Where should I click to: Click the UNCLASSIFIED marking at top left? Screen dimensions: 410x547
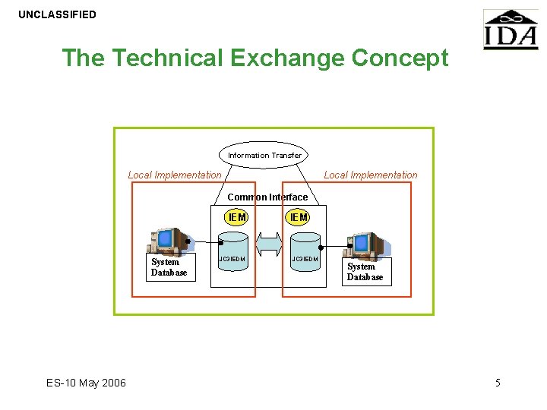coord(58,14)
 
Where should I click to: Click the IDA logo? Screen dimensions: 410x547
coord(510,30)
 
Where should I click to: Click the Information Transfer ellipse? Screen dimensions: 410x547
coord(264,155)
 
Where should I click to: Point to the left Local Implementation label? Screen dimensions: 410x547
coord(175,175)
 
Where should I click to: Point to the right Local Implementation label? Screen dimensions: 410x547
coord(371,175)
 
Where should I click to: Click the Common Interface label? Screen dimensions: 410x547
coord(267,197)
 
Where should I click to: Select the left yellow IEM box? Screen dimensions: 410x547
coord(237,217)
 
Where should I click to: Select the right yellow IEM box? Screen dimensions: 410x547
coord(299,217)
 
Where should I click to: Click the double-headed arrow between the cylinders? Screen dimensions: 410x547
coord(268,244)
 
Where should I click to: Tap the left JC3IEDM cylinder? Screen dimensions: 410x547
coord(232,258)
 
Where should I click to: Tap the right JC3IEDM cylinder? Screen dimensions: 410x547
coord(305,258)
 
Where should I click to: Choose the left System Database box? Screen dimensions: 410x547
coord(169,268)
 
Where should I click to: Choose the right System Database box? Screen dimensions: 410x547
coord(365,272)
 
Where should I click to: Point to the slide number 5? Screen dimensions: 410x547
coord(498,383)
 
